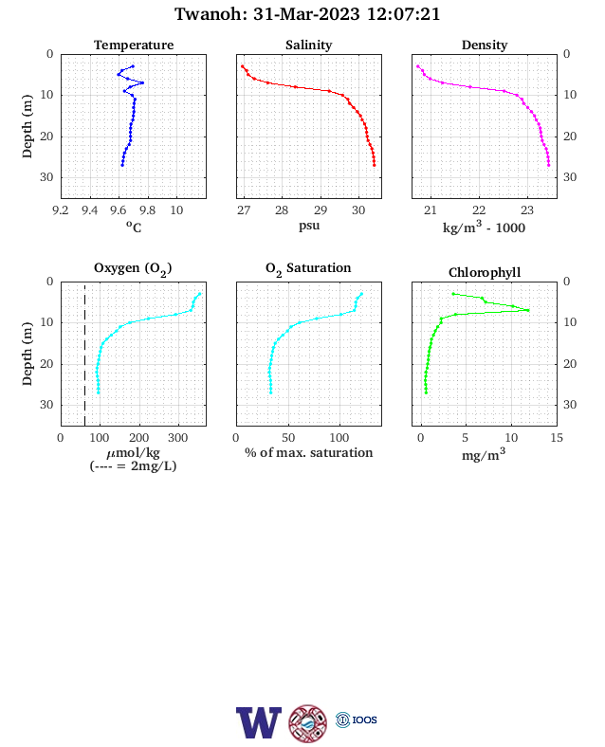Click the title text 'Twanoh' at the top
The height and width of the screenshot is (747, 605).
(x=209, y=14)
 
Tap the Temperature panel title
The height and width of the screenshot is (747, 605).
(x=134, y=45)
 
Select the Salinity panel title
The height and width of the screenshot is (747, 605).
(x=309, y=45)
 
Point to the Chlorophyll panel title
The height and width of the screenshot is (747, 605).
(x=485, y=272)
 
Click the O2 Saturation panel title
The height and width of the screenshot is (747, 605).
(x=308, y=268)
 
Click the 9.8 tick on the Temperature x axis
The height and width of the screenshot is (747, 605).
(x=148, y=210)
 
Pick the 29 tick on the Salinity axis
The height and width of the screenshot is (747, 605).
(x=321, y=210)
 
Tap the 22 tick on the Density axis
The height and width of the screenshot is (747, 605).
(x=479, y=210)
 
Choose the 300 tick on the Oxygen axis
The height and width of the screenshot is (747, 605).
(x=178, y=438)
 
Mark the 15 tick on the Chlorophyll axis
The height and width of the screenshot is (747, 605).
(x=557, y=438)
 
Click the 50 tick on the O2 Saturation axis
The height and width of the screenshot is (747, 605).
(x=288, y=438)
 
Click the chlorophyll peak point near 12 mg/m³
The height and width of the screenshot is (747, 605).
(x=528, y=310)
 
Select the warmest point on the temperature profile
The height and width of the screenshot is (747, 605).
(x=142, y=82)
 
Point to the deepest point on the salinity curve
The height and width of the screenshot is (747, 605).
(x=375, y=165)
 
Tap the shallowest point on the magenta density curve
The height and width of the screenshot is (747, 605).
(x=418, y=66)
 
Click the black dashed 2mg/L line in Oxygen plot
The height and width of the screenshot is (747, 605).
(x=84, y=354)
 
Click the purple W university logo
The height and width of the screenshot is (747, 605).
(x=259, y=722)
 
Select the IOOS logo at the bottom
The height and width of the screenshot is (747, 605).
(x=357, y=720)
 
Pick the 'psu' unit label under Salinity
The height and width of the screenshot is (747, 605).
(x=309, y=226)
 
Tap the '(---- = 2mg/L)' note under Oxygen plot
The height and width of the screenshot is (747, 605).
(x=133, y=465)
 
